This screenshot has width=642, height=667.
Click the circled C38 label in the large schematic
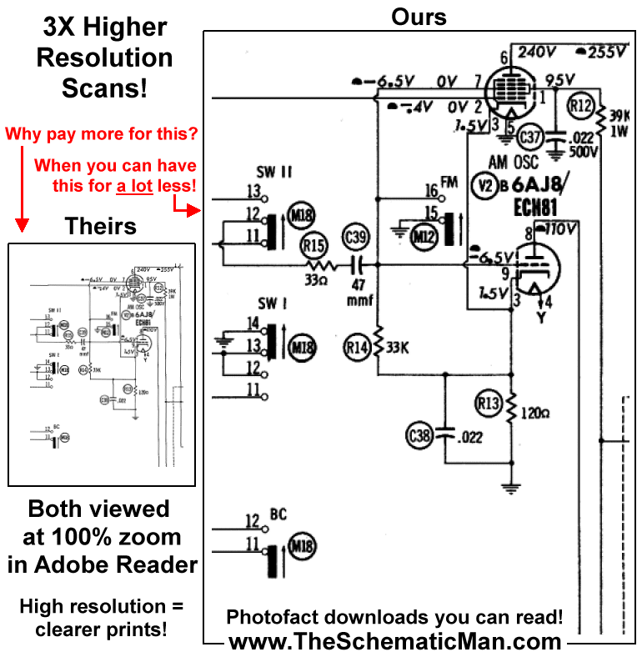click(x=419, y=434)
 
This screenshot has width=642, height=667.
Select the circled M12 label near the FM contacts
click(x=424, y=237)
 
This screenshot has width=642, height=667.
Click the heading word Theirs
click(x=101, y=225)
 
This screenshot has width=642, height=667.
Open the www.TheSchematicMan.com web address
click(x=394, y=642)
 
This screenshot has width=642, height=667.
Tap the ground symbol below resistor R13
click(x=510, y=487)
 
